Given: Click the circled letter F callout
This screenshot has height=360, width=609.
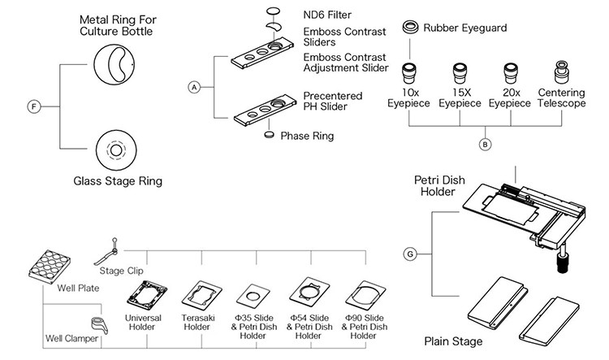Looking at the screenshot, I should point(33,106).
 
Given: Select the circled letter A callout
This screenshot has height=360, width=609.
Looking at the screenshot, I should point(193,86).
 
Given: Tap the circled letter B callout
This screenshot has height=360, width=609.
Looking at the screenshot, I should point(486,145).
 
